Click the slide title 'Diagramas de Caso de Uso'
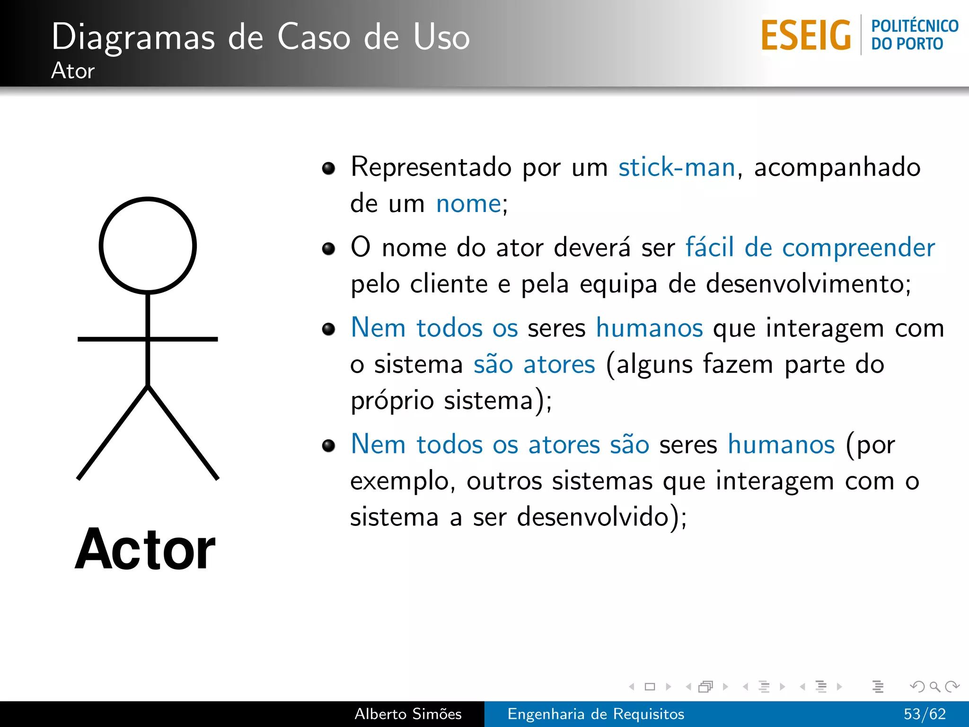click(x=260, y=37)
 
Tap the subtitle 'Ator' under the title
click(x=73, y=71)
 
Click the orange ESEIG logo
click(x=806, y=35)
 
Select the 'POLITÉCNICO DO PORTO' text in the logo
click(x=914, y=35)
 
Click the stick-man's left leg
click(x=113, y=433)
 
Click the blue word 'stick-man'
click(x=677, y=167)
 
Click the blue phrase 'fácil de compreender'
click(x=810, y=248)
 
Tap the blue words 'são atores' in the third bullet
click(x=534, y=364)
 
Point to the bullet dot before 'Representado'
click(x=328, y=168)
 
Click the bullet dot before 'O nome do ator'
click(x=328, y=248)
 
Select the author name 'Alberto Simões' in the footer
click(x=408, y=714)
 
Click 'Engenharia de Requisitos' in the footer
click(x=596, y=714)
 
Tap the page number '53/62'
click(x=925, y=714)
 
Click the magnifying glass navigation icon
click(x=934, y=686)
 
